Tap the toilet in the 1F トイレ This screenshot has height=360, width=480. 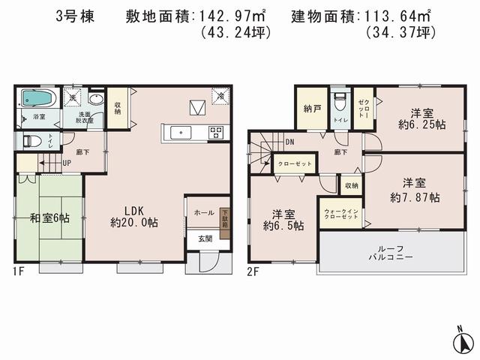coord(32,140)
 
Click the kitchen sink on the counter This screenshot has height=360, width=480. coord(181,133)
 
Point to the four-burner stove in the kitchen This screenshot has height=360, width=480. coord(216,133)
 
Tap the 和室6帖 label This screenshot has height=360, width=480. coord(49,217)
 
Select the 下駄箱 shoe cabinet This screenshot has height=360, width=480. coord(224,217)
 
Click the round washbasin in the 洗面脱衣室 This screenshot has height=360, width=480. coord(96,100)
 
